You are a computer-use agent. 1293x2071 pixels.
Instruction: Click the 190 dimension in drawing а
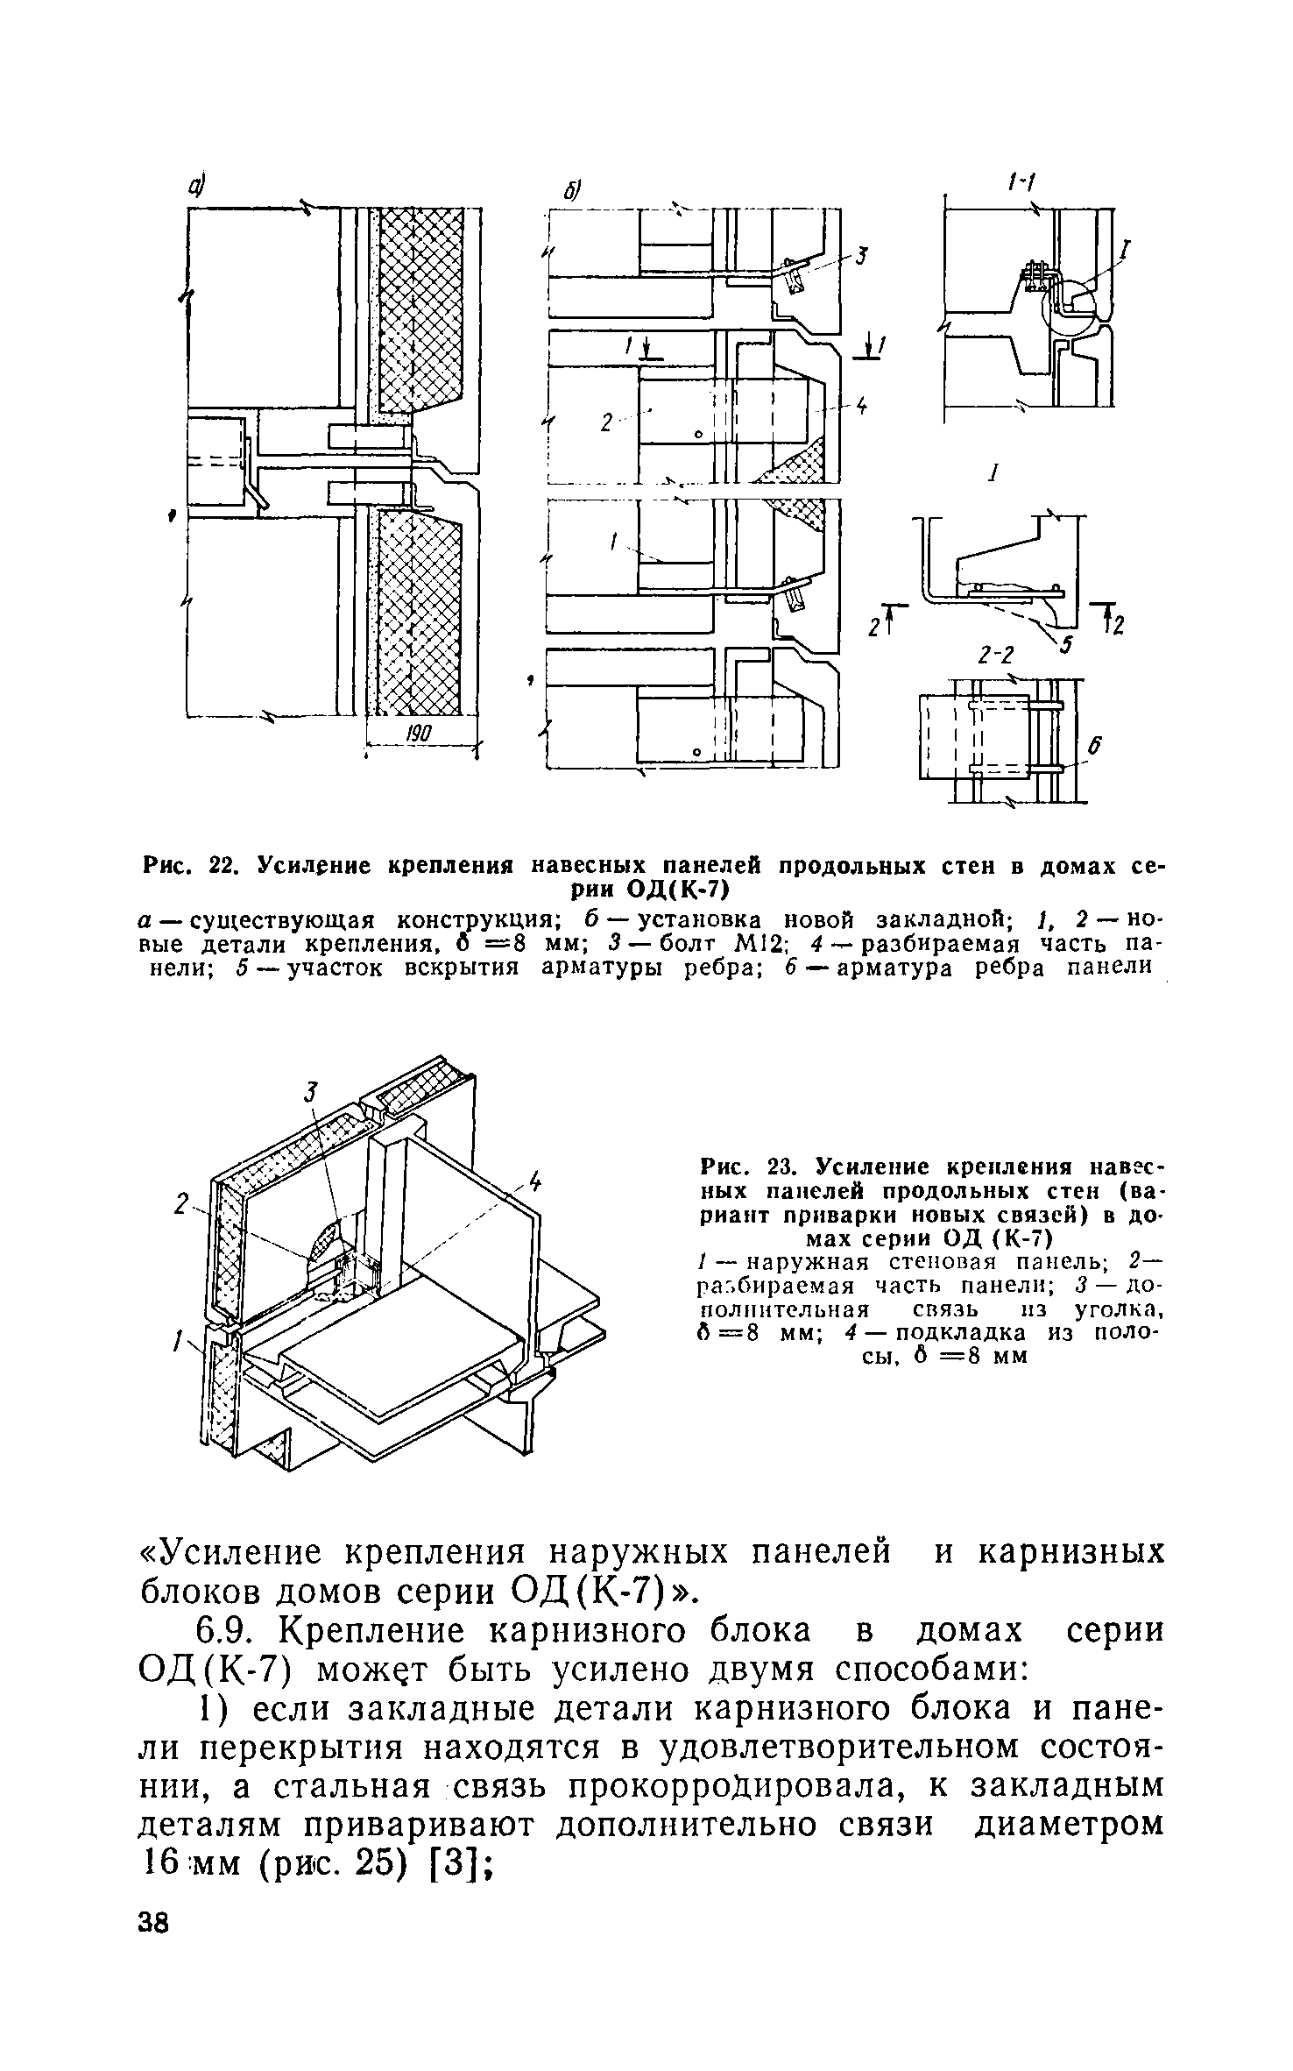pyautogui.click(x=420, y=732)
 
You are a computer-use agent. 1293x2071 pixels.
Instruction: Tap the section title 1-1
pyautogui.click(x=1021, y=182)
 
